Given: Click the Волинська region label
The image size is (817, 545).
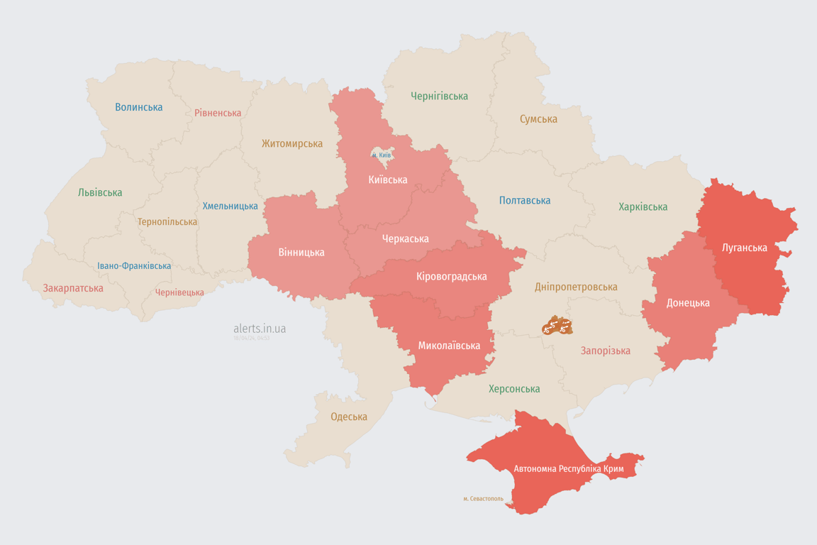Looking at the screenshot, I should pos(139,107).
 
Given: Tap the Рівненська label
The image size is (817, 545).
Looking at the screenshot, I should pos(218,113).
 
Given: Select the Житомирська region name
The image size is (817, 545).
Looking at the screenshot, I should pos(291,143).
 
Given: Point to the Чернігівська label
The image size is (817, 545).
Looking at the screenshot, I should pos(439,96).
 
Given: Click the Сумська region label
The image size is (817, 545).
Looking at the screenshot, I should pos(538,119).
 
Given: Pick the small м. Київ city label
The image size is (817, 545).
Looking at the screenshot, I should pos(381,155).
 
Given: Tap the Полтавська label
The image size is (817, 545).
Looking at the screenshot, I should pos(525,200).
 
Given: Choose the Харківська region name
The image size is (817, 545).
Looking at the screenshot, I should pos(643,207).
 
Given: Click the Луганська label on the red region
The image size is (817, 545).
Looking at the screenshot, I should pos(744,248).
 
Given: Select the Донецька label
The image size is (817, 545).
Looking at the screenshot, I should pos(688,303).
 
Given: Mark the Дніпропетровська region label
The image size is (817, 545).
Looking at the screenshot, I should pos(576,287).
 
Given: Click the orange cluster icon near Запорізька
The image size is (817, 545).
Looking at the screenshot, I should pos(557,326).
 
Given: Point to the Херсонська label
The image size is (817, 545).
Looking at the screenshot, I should pos(514,389).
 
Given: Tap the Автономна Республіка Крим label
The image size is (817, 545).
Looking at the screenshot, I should pos(569,469).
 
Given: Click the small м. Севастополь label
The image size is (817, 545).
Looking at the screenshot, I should pos(483,499).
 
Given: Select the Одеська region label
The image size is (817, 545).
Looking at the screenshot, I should pos(349,417).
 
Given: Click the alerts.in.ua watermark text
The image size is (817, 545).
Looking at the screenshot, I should pos(260,329).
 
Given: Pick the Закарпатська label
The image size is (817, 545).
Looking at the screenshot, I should pos(73,288).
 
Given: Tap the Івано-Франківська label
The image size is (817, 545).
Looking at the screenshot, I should pos(134,266).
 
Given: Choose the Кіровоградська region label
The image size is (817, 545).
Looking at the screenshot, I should pos(452,276).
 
